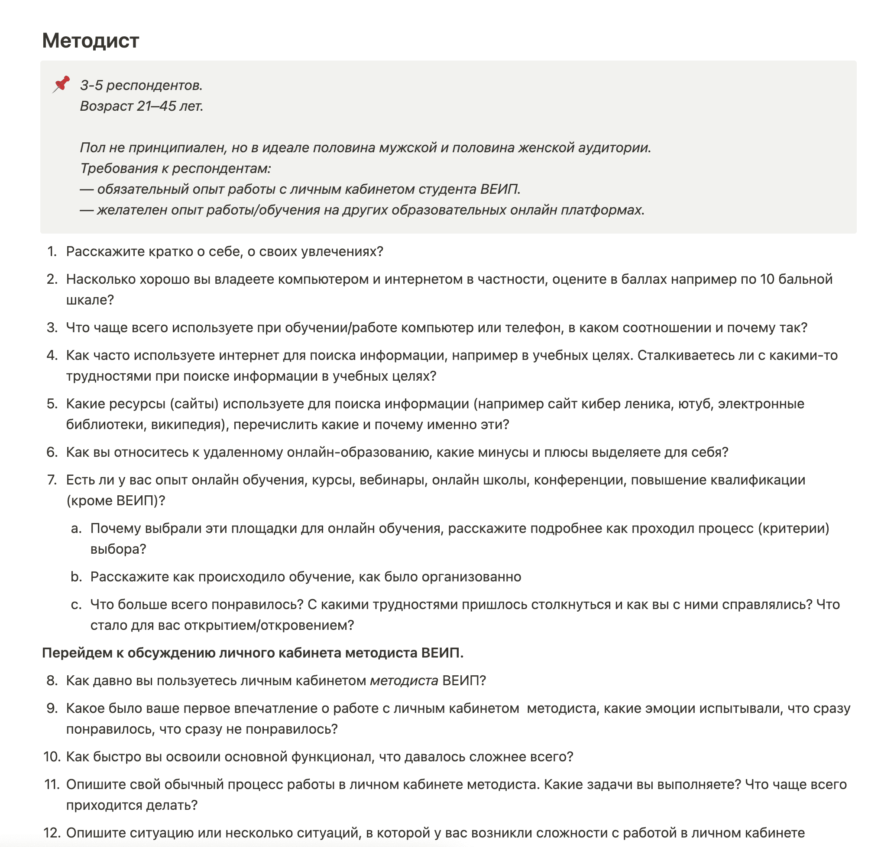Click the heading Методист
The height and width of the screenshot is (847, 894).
pos(91,41)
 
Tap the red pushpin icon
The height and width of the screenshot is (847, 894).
pos(61,84)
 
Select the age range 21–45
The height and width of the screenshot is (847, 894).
pos(156,106)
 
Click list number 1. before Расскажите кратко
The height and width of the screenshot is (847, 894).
pos(52,251)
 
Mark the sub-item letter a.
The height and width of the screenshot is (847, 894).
pos(76,528)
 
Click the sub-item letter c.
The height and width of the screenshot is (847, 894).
pos(76,605)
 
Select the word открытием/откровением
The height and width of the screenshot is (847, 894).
pos(267,626)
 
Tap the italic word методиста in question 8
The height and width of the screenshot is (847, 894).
pos(404,680)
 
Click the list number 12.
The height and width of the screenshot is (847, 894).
pos(52,833)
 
